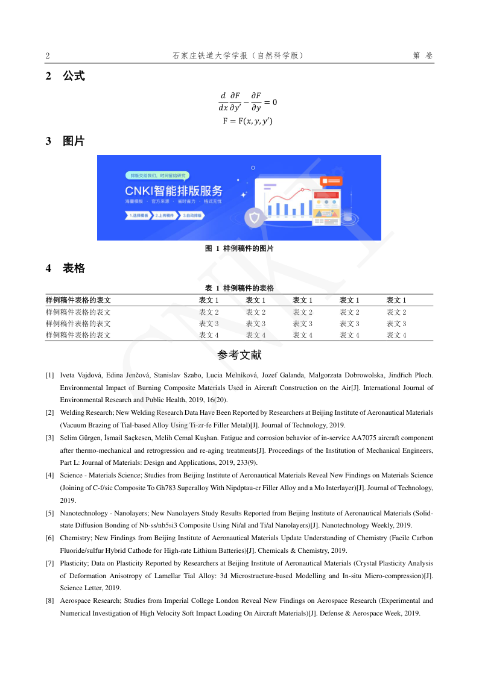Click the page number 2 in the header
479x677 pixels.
(48, 56)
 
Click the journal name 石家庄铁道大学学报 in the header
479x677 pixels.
(211, 56)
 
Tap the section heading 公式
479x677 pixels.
(74, 77)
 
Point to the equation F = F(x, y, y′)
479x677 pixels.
(247, 121)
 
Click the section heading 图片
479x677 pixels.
(74, 142)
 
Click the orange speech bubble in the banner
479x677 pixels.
(332, 180)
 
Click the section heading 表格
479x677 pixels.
(74, 269)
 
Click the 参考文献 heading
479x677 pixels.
(239, 355)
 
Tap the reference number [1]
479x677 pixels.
(50, 375)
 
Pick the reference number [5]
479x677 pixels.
(50, 512)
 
